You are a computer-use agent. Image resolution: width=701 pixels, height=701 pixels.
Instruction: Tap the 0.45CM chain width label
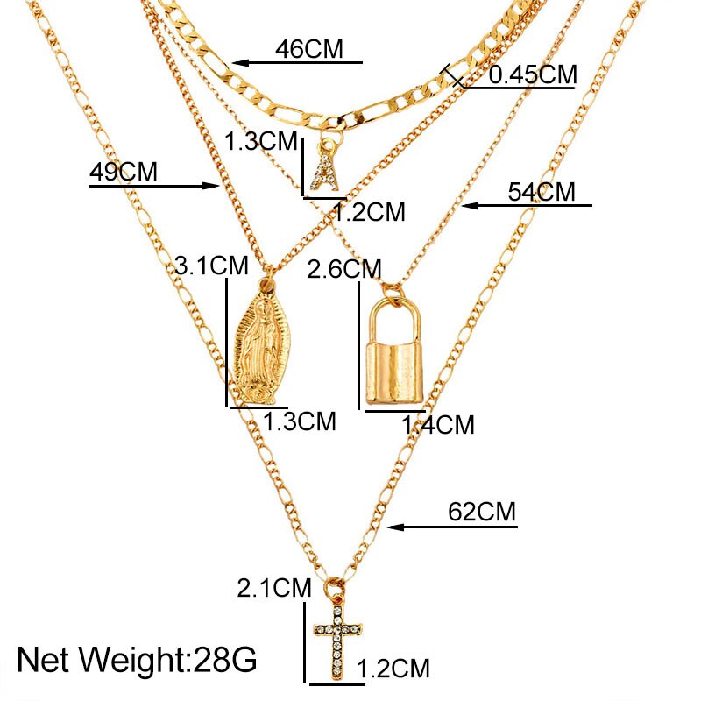(x=532, y=74)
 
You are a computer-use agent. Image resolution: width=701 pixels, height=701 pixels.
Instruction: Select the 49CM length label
(x=123, y=171)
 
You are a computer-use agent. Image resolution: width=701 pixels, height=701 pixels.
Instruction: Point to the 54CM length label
(x=542, y=192)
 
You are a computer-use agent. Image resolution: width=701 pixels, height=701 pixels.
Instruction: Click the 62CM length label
(x=482, y=512)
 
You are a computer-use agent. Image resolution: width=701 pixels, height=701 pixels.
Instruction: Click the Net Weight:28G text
(x=138, y=657)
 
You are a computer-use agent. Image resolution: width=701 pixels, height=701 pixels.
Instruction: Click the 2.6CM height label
(x=344, y=268)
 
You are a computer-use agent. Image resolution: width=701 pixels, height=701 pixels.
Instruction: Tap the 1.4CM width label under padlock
(x=437, y=426)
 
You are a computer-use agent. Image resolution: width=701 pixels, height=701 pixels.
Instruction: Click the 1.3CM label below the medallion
(x=300, y=421)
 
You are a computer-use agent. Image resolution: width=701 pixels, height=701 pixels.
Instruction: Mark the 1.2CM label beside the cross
(x=394, y=669)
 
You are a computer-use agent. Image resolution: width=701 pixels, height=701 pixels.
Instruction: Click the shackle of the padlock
(x=393, y=315)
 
